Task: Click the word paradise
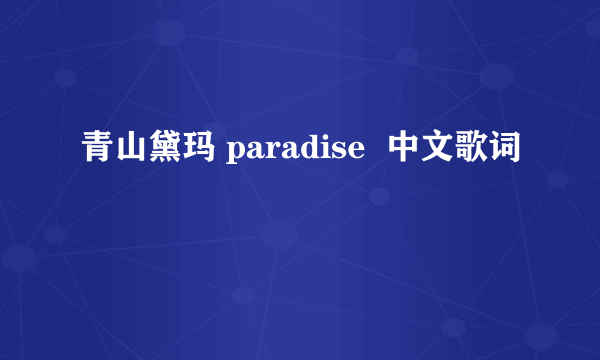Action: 294,152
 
